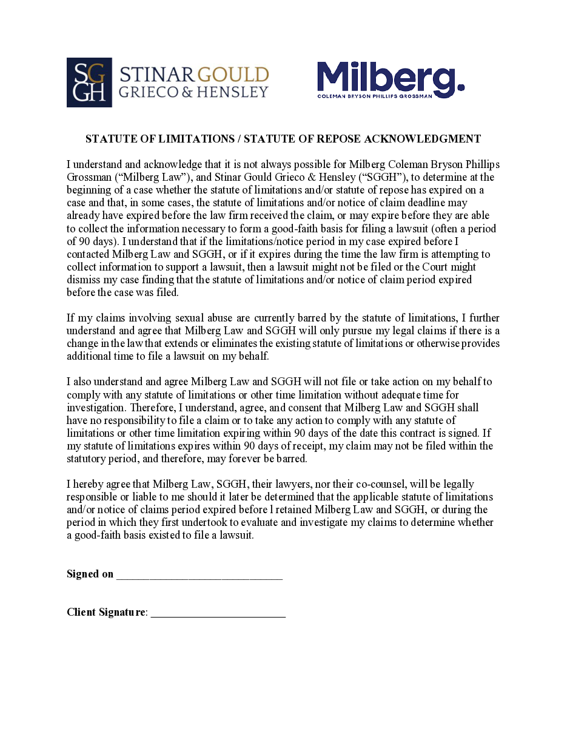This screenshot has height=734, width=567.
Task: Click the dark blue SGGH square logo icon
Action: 89,82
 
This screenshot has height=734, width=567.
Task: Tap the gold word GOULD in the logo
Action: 233,75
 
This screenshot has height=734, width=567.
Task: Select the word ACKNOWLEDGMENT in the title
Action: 422,139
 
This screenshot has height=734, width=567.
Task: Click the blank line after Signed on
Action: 200,575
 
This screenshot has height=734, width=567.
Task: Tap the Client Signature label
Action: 106,612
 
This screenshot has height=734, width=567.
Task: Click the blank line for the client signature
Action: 218,613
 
